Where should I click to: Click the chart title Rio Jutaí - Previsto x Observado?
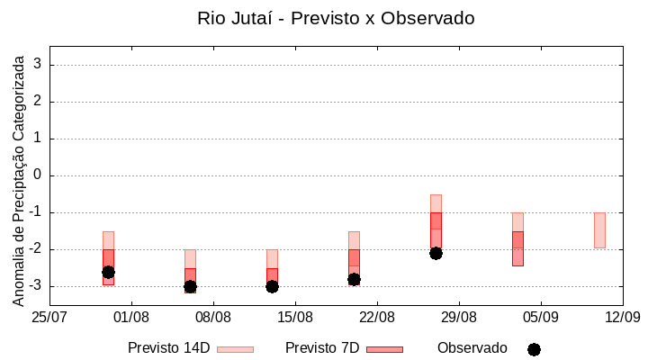336,18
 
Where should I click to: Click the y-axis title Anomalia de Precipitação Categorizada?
19,178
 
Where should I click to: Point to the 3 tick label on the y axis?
38,65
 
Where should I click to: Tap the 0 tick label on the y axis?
38,175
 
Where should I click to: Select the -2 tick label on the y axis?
35,249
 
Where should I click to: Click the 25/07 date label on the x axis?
50,317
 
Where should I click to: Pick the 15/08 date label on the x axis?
295,317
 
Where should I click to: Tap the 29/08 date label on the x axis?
459,317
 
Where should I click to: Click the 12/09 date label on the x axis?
622,317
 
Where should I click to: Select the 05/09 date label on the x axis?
540,317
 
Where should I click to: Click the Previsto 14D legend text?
168,348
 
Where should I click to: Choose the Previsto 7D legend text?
322,348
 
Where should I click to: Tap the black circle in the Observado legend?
534,349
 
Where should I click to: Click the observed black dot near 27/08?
436,253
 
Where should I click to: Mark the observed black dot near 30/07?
108,272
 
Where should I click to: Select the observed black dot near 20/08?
354,279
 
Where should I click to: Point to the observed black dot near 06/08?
190,286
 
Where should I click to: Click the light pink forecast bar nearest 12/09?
599,230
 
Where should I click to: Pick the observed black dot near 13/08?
272,286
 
